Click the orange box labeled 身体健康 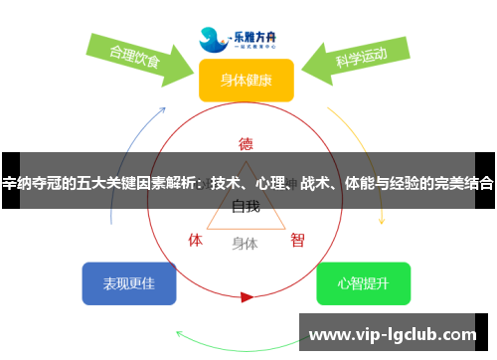(246, 80)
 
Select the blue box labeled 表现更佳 (129, 283)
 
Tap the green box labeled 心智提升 (363, 283)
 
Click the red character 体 (196, 240)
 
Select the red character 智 (297, 240)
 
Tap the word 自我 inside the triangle (246, 207)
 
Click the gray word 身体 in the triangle (246, 243)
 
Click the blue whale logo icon (213, 38)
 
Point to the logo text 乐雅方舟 (260, 32)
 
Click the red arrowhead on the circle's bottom (247, 296)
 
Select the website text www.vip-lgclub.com (395, 335)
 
